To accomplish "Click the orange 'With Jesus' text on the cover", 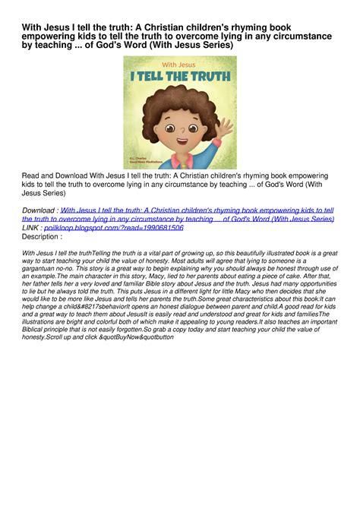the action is [179, 65].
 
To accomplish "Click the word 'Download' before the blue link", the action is [39, 210].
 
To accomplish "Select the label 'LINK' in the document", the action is [31, 226].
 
